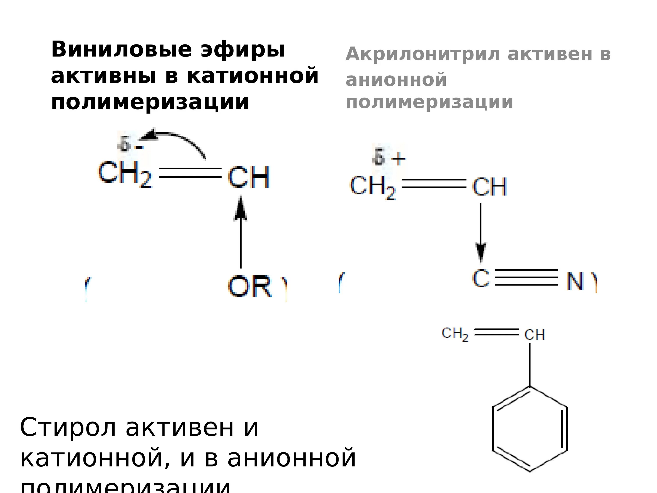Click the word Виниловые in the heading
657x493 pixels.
pos(122,50)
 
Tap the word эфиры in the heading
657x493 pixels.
pos(243,50)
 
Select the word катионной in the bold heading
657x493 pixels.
pos(253,76)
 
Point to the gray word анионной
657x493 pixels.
pos(396,80)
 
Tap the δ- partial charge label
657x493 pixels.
pos(130,145)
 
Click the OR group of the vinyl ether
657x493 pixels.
pos(250,286)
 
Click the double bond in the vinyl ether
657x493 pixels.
pos(190,173)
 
